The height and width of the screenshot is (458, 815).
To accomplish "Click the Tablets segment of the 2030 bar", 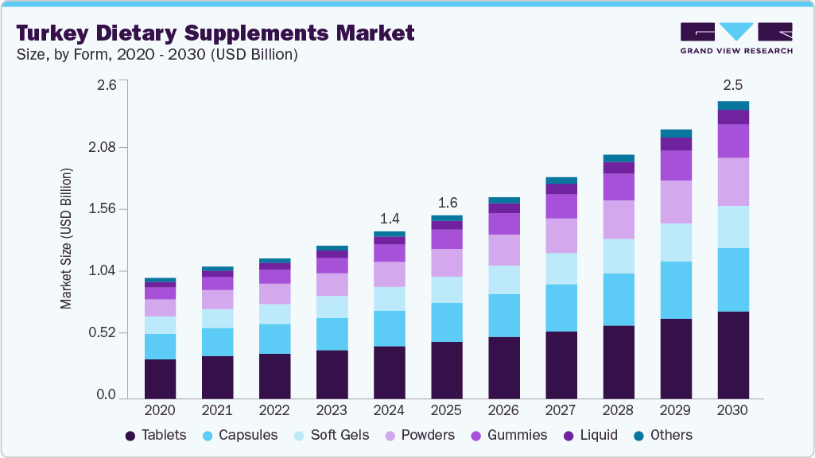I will (x=733, y=355).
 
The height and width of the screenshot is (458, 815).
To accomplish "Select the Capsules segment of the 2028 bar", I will (x=619, y=300).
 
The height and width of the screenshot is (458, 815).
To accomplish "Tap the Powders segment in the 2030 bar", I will (x=733, y=182).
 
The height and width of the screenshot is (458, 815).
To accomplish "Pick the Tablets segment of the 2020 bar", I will (x=160, y=378).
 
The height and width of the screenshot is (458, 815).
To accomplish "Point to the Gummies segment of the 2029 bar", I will (x=676, y=165).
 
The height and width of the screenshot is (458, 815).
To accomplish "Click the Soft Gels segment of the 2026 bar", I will (x=504, y=280).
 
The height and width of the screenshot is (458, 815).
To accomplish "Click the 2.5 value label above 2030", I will (x=733, y=85).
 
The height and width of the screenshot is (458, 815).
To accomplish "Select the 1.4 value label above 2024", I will (x=389, y=217).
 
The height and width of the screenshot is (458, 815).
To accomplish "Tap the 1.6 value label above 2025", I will (x=446, y=201).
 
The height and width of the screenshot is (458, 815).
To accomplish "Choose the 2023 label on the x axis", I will (x=332, y=411).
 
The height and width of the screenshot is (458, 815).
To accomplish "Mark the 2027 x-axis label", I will (x=561, y=411).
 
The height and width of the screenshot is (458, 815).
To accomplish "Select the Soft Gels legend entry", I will (x=334, y=435).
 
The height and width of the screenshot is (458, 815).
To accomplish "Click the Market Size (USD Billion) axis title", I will (x=66, y=239).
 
